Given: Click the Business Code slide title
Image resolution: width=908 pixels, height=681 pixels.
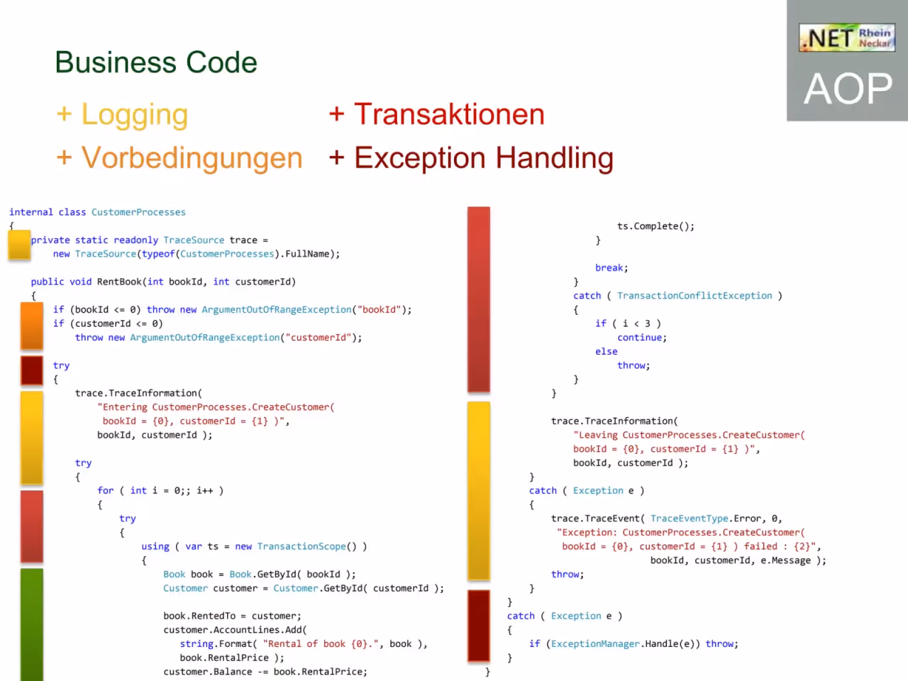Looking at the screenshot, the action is point(156,62).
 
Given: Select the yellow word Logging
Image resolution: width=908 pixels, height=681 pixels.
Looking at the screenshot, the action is point(135,115).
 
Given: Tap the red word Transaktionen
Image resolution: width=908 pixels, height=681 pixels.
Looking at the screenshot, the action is point(449,114).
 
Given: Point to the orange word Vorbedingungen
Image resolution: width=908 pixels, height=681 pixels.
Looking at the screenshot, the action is point(192,158).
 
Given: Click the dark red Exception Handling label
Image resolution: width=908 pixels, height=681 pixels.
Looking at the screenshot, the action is point(484,158).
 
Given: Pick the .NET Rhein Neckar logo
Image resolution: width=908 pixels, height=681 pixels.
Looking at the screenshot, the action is point(847,38).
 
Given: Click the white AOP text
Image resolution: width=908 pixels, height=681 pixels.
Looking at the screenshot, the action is point(848,89).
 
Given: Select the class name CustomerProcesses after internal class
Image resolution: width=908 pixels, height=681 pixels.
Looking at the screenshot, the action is point(138,212).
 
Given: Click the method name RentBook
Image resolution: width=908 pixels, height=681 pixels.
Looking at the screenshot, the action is point(119,282).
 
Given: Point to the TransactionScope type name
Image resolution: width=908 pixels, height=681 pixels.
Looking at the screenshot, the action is point(301,546).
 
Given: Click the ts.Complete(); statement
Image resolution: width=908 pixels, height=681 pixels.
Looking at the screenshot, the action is point(655,226).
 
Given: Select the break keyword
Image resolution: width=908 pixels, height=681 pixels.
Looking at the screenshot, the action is point(609,268).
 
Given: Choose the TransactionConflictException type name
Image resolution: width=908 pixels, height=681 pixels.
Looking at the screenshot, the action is point(694,296).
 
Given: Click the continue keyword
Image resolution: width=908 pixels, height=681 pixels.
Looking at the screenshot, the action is point(640,338).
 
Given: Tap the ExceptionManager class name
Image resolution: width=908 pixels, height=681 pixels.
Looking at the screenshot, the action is point(595,644).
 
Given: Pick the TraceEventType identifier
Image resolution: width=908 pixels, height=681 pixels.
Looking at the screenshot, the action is point(690,519).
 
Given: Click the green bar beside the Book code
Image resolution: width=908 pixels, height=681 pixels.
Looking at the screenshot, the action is point(32,624).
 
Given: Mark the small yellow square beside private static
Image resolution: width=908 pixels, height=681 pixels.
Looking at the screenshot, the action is point(19,245).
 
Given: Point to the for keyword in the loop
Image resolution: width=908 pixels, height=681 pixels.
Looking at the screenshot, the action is point(106,490).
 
